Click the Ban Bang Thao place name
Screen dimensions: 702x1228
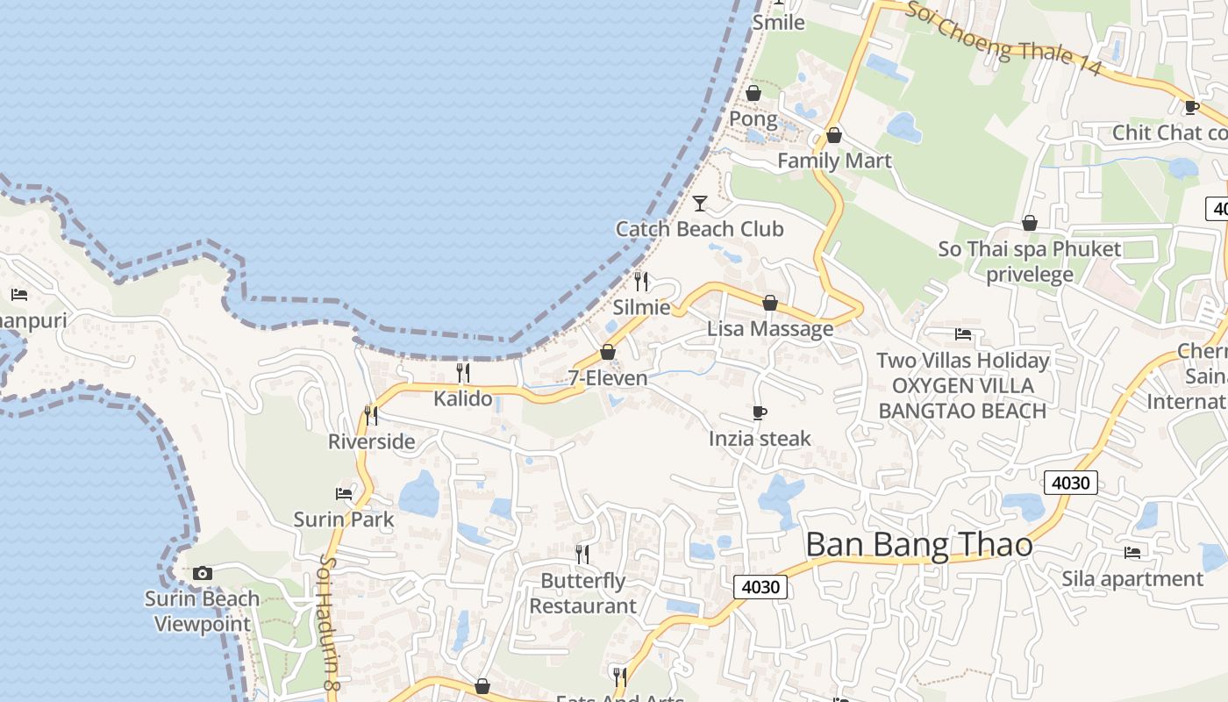coord(918,545)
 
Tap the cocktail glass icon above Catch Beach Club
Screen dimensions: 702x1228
coord(700,204)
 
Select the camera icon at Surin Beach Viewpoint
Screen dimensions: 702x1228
coord(203,573)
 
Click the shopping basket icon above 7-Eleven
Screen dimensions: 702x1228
coord(607,352)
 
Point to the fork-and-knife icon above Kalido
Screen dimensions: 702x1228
coord(463,373)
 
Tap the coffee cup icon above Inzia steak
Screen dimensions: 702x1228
coord(760,412)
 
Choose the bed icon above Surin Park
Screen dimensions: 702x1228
coord(344,494)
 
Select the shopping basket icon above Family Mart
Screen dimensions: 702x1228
coord(833,135)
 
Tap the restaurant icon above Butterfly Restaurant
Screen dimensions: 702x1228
coord(582,554)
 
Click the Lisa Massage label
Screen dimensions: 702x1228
coord(770,329)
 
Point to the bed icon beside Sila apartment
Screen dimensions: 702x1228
coord(1132,552)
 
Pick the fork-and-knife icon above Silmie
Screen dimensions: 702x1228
coord(641,282)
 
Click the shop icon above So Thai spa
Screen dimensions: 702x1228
coord(1030,224)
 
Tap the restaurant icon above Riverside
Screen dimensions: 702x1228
coord(371,415)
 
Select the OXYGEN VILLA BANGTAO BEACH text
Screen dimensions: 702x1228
coord(962,398)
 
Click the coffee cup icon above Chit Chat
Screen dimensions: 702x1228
coord(1191,107)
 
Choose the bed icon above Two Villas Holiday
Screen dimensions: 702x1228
coord(963,334)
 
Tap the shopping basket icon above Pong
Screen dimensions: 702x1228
coord(753,93)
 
